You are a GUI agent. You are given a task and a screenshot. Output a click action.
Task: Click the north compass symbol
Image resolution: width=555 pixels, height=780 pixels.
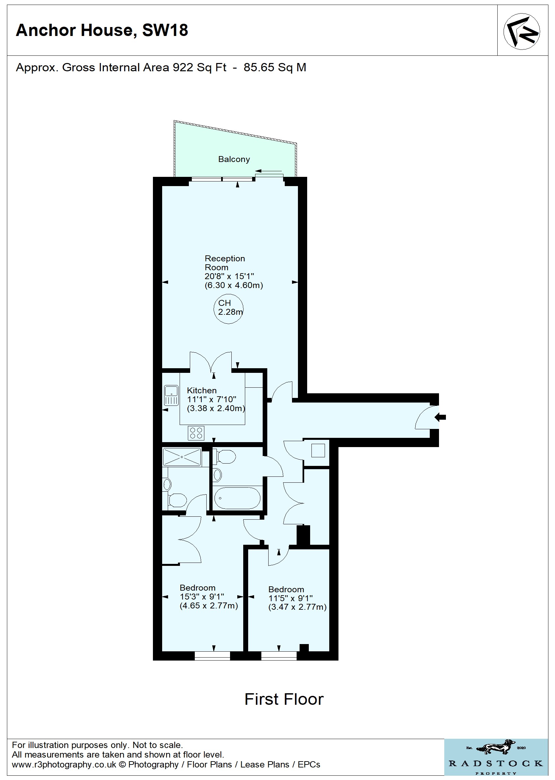click(521, 31)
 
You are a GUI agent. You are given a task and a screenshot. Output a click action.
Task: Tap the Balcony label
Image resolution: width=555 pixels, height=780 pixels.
click(234, 159)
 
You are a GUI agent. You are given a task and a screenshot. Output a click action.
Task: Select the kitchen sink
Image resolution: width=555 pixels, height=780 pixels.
click(171, 395)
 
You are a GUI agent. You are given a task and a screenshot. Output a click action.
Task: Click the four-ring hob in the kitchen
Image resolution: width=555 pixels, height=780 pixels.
click(196, 433)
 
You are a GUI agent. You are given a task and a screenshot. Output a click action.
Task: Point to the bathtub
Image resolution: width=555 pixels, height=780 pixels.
click(237, 498)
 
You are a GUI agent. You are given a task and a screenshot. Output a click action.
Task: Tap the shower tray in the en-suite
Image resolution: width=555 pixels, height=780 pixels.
click(182, 457)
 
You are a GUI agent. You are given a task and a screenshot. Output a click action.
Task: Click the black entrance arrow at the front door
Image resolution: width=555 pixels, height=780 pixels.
click(441, 417)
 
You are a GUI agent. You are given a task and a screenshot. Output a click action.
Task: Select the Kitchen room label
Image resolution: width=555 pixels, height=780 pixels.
click(202, 390)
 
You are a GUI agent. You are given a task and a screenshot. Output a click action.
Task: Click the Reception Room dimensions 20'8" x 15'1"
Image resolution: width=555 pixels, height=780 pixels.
click(229, 276)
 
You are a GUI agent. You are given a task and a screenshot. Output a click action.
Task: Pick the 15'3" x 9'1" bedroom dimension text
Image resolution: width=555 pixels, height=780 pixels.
click(202, 597)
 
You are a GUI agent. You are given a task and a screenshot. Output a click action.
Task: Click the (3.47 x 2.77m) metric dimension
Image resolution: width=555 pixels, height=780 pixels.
click(297, 607)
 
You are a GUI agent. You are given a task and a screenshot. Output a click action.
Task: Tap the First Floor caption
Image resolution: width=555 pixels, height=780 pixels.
click(284, 699)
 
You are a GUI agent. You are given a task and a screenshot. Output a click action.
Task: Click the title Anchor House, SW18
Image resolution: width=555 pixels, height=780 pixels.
click(102, 30)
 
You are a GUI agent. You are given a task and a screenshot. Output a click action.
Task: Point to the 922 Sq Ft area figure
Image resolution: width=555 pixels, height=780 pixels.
click(200, 67)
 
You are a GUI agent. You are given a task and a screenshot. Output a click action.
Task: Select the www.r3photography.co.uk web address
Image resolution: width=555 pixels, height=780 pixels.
click(64, 764)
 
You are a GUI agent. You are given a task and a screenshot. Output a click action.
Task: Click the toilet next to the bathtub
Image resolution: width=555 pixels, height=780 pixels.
click(224, 457)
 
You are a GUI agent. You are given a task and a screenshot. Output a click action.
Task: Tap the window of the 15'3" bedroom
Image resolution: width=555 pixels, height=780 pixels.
click(212, 656)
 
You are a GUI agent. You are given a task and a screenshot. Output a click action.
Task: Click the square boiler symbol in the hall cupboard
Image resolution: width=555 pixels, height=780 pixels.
click(318, 450)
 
